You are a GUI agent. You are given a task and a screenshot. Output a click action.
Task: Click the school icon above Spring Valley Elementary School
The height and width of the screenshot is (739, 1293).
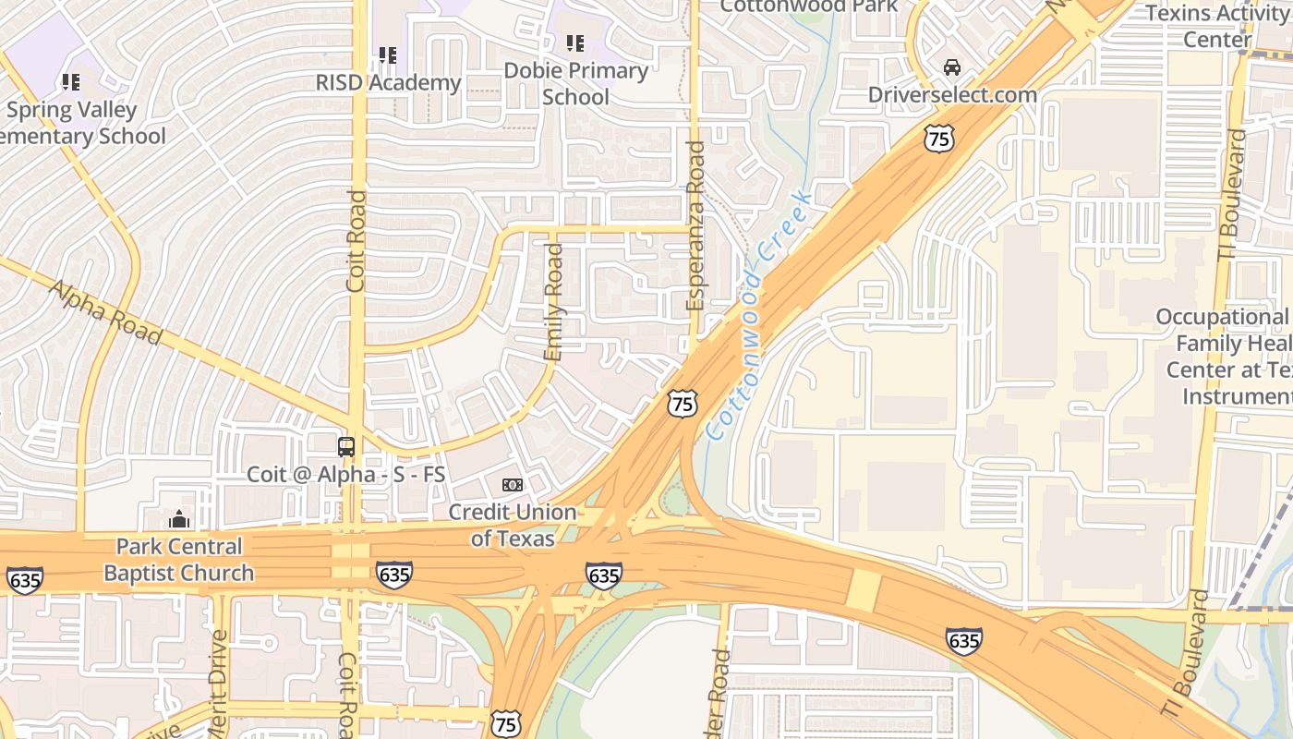[x=71, y=82]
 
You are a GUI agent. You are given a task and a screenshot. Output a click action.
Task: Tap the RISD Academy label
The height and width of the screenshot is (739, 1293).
[x=388, y=82]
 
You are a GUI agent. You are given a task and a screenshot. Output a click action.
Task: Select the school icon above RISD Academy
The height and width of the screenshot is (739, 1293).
[x=388, y=55]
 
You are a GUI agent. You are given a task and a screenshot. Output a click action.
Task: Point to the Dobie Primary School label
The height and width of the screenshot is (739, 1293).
[x=575, y=83]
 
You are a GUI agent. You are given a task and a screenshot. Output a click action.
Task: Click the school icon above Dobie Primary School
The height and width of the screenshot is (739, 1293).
[x=575, y=42]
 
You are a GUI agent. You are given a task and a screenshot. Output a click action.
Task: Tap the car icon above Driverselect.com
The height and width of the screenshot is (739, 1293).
[x=952, y=67]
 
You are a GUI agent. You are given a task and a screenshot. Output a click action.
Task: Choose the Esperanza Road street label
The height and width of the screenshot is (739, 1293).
[x=695, y=225]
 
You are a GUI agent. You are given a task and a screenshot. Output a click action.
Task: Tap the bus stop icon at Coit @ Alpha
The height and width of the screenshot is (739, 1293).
[x=346, y=447]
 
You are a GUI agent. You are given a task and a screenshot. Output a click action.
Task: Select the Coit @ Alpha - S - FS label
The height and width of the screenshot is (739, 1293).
[x=345, y=475]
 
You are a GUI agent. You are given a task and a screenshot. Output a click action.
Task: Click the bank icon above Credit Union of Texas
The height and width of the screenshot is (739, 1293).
[x=512, y=485]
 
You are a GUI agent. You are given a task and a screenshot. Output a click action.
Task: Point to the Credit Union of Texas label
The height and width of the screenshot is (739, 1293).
[x=512, y=525]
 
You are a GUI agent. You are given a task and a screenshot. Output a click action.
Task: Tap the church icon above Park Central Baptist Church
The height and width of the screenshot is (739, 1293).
[x=179, y=519]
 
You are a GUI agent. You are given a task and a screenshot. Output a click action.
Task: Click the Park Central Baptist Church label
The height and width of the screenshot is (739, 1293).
[x=178, y=559]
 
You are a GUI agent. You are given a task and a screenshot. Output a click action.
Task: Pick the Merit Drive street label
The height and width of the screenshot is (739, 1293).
[x=218, y=684]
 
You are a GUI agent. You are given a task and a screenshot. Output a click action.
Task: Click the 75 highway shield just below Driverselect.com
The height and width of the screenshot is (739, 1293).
[x=937, y=139]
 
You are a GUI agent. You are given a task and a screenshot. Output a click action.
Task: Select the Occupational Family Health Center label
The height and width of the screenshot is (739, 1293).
[x=1224, y=356]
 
